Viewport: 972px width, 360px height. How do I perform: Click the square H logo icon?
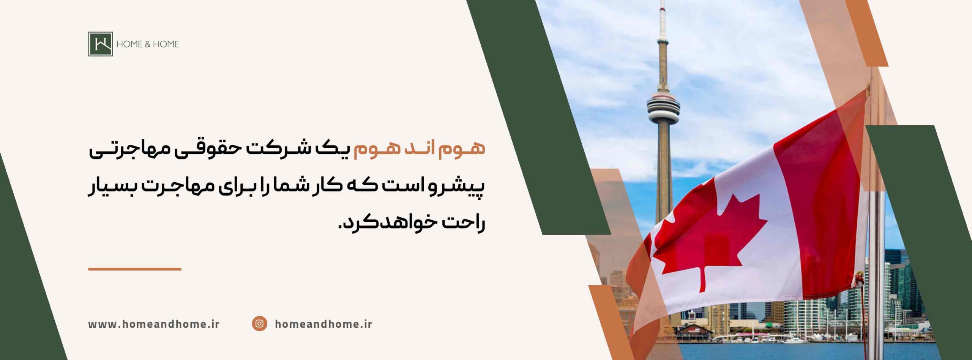(x=101, y=44)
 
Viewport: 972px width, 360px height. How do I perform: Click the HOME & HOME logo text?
(x=147, y=44)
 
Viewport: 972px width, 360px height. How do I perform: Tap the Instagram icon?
(x=259, y=324)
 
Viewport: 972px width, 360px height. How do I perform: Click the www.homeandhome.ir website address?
(x=154, y=324)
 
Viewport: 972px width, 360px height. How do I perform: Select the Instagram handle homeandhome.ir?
(x=323, y=324)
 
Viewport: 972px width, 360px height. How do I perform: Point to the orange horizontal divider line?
(x=135, y=269)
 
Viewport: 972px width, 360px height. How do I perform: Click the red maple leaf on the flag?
(x=710, y=243)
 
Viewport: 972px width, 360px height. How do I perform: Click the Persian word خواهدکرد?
(x=383, y=223)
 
